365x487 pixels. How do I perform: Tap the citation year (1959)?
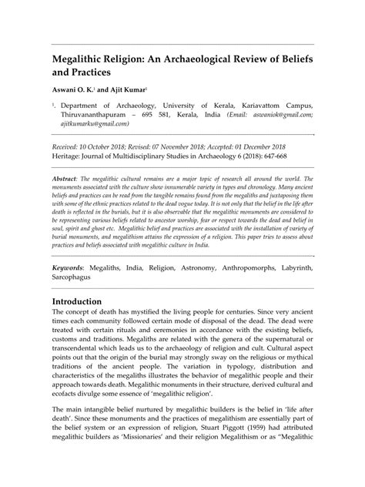pos(289,445)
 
